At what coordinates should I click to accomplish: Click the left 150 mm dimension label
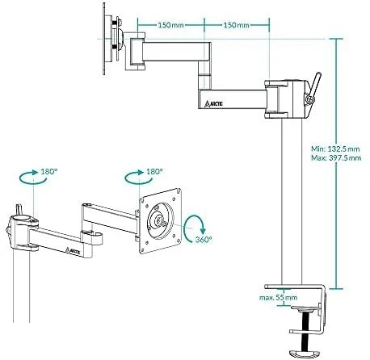pos(170,25)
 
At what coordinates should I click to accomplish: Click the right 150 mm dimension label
pos(237,25)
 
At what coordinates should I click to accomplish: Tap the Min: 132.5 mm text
pos(335,149)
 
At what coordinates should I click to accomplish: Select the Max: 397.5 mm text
pos(336,158)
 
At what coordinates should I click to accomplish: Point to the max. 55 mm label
pos(279,298)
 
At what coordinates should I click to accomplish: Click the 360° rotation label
pos(204,240)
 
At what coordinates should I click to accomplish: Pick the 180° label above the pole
pos(49,172)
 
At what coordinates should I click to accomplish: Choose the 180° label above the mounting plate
pos(154,172)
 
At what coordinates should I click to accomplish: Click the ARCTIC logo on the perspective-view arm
pos(73,251)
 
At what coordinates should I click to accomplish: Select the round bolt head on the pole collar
pos(309,99)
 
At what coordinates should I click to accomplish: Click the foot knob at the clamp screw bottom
pos(304,353)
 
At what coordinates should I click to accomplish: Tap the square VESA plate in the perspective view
pos(160,221)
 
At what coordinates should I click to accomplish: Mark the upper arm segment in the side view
pos(170,51)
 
